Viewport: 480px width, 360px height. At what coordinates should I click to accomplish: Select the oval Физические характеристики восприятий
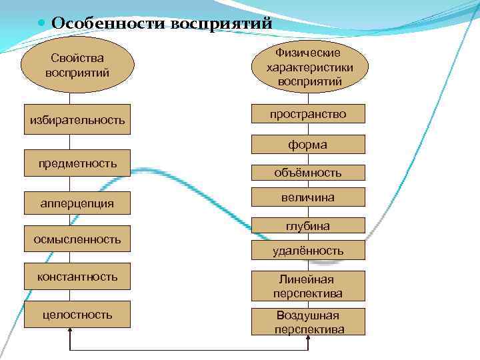[x=309, y=66]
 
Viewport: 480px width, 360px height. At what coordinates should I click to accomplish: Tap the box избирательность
[x=77, y=120]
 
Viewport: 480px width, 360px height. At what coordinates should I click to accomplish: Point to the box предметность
[x=77, y=163]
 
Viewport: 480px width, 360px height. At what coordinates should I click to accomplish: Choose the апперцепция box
[x=77, y=203]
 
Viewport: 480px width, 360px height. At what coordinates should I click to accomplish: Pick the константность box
[x=77, y=277]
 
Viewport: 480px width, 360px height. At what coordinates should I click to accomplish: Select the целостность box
[x=77, y=315]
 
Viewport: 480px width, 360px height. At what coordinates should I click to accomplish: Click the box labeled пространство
[x=308, y=114]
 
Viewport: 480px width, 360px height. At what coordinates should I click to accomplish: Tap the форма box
[x=308, y=144]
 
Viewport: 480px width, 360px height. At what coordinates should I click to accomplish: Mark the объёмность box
[x=308, y=173]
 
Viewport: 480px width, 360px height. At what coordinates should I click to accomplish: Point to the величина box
[x=308, y=197]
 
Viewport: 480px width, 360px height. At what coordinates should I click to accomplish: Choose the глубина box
[x=308, y=226]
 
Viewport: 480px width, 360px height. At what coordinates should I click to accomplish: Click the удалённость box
[x=308, y=251]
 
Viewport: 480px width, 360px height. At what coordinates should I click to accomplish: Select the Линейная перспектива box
[x=308, y=286]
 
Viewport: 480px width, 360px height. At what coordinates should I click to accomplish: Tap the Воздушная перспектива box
[x=308, y=322]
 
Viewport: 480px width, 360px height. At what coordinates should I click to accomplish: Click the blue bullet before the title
[x=42, y=23]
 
